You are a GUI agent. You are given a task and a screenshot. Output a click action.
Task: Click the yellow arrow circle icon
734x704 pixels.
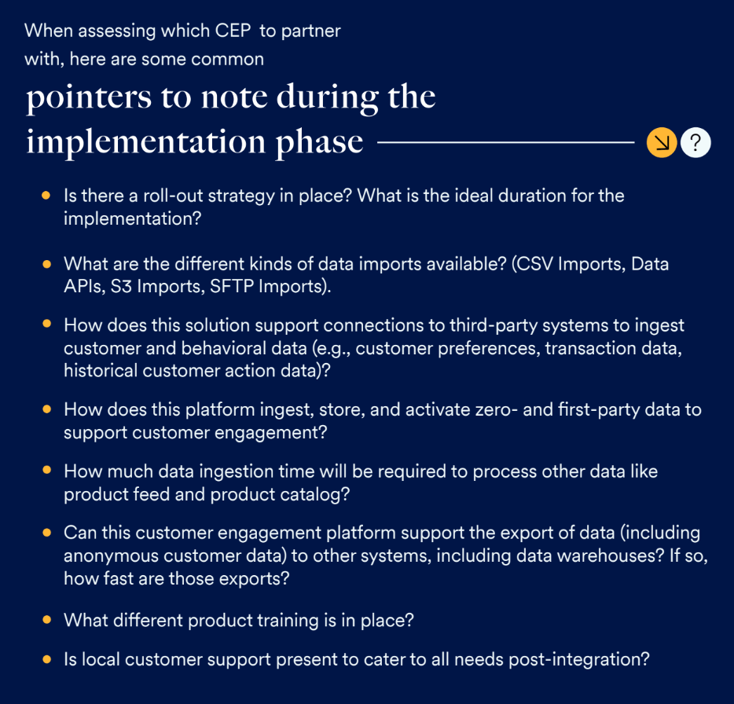point(662,142)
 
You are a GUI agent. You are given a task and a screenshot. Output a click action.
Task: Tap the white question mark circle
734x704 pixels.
point(695,142)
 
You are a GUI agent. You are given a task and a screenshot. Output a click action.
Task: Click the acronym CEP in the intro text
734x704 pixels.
point(233,31)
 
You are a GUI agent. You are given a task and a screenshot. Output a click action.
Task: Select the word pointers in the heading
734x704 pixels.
point(89,98)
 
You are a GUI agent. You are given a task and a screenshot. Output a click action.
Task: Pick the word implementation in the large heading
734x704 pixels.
point(146,142)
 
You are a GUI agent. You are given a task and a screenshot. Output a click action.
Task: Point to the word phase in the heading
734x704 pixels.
point(319,142)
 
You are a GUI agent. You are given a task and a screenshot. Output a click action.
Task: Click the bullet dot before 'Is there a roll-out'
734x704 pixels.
point(46,195)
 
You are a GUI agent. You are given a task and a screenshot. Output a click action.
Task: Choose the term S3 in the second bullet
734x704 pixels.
point(121,287)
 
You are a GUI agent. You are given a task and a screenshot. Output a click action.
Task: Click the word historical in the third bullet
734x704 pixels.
point(101,371)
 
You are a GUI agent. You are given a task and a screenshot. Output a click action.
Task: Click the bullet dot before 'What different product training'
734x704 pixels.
point(46,620)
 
